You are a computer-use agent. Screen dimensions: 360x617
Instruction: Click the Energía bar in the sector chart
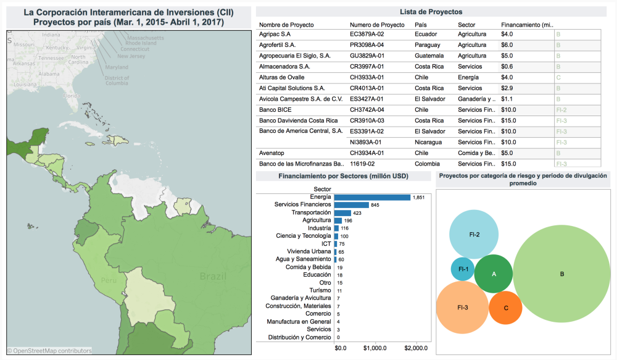pos(372,197)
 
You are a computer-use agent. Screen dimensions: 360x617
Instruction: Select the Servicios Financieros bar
pos(351,205)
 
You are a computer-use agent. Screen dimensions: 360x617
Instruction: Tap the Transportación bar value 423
pos(357,213)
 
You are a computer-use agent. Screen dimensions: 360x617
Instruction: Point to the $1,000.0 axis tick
pos(379,348)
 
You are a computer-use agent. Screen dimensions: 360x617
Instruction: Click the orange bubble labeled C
pos(506,308)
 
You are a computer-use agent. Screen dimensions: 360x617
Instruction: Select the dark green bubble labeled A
pos(494,274)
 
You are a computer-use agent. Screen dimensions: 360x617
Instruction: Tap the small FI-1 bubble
pos(463,269)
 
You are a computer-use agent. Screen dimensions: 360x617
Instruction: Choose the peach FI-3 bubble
pos(462,308)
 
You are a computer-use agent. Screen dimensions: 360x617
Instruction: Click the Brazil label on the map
pos(212,277)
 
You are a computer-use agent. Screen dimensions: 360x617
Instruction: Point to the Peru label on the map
pos(109,281)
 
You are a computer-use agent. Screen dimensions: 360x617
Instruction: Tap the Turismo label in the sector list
pos(320,290)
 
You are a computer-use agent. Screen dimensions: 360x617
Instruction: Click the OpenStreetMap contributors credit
pos(50,351)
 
